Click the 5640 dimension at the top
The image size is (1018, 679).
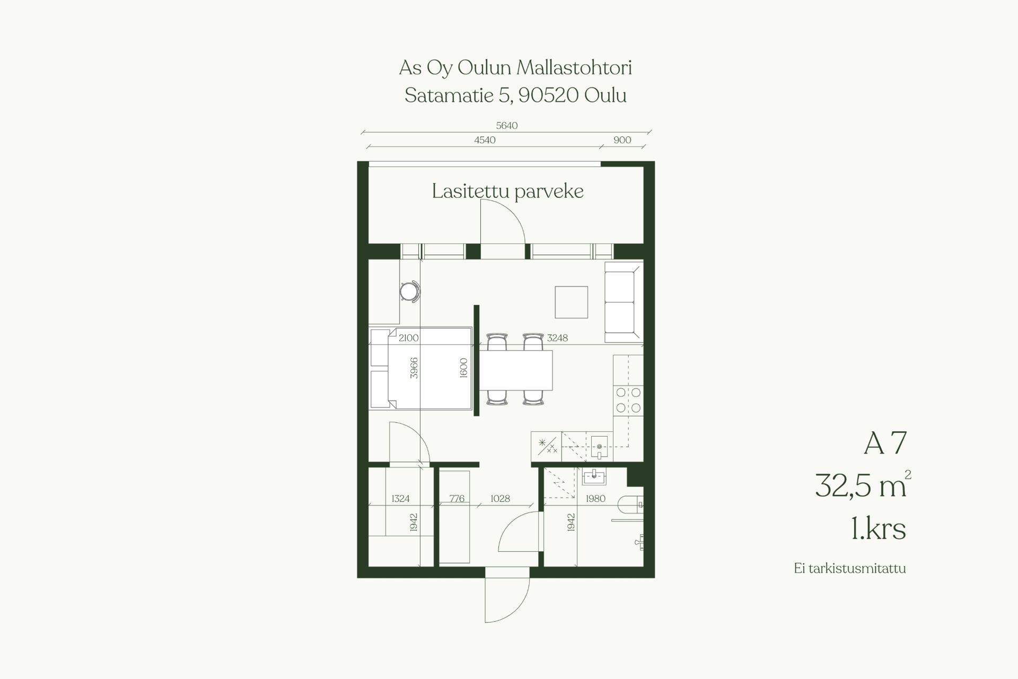click(506, 126)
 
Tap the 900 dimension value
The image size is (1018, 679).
click(622, 140)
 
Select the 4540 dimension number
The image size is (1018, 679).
click(485, 140)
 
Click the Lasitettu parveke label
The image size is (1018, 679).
click(507, 191)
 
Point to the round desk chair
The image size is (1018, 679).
click(410, 291)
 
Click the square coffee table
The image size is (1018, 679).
click(572, 302)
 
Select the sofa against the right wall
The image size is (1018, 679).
click(624, 302)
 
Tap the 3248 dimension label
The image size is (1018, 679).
click(557, 337)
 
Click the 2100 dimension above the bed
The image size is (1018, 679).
click(408, 337)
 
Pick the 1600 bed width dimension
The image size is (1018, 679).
click(463, 368)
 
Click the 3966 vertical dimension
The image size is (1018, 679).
click(414, 368)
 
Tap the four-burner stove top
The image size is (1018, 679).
click(628, 401)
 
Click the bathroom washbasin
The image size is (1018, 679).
click(594, 476)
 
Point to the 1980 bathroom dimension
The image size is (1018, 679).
click(595, 499)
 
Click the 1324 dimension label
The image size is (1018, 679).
click(400, 499)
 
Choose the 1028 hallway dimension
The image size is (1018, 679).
click(500, 499)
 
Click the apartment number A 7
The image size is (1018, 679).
click(885, 443)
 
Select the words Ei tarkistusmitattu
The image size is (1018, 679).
click(850, 569)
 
